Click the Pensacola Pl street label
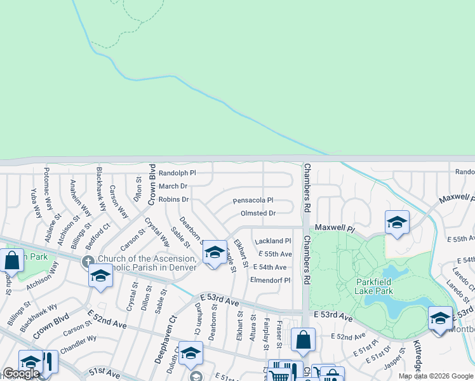(253, 200)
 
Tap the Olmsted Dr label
(258, 213)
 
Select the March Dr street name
(173, 186)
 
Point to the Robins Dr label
(173, 199)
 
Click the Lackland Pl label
(272, 241)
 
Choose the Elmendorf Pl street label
(270, 279)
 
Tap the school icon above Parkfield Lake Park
(397, 222)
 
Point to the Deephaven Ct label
(161, 328)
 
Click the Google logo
(21, 373)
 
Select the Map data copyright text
(436, 376)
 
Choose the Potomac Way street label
(48, 185)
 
